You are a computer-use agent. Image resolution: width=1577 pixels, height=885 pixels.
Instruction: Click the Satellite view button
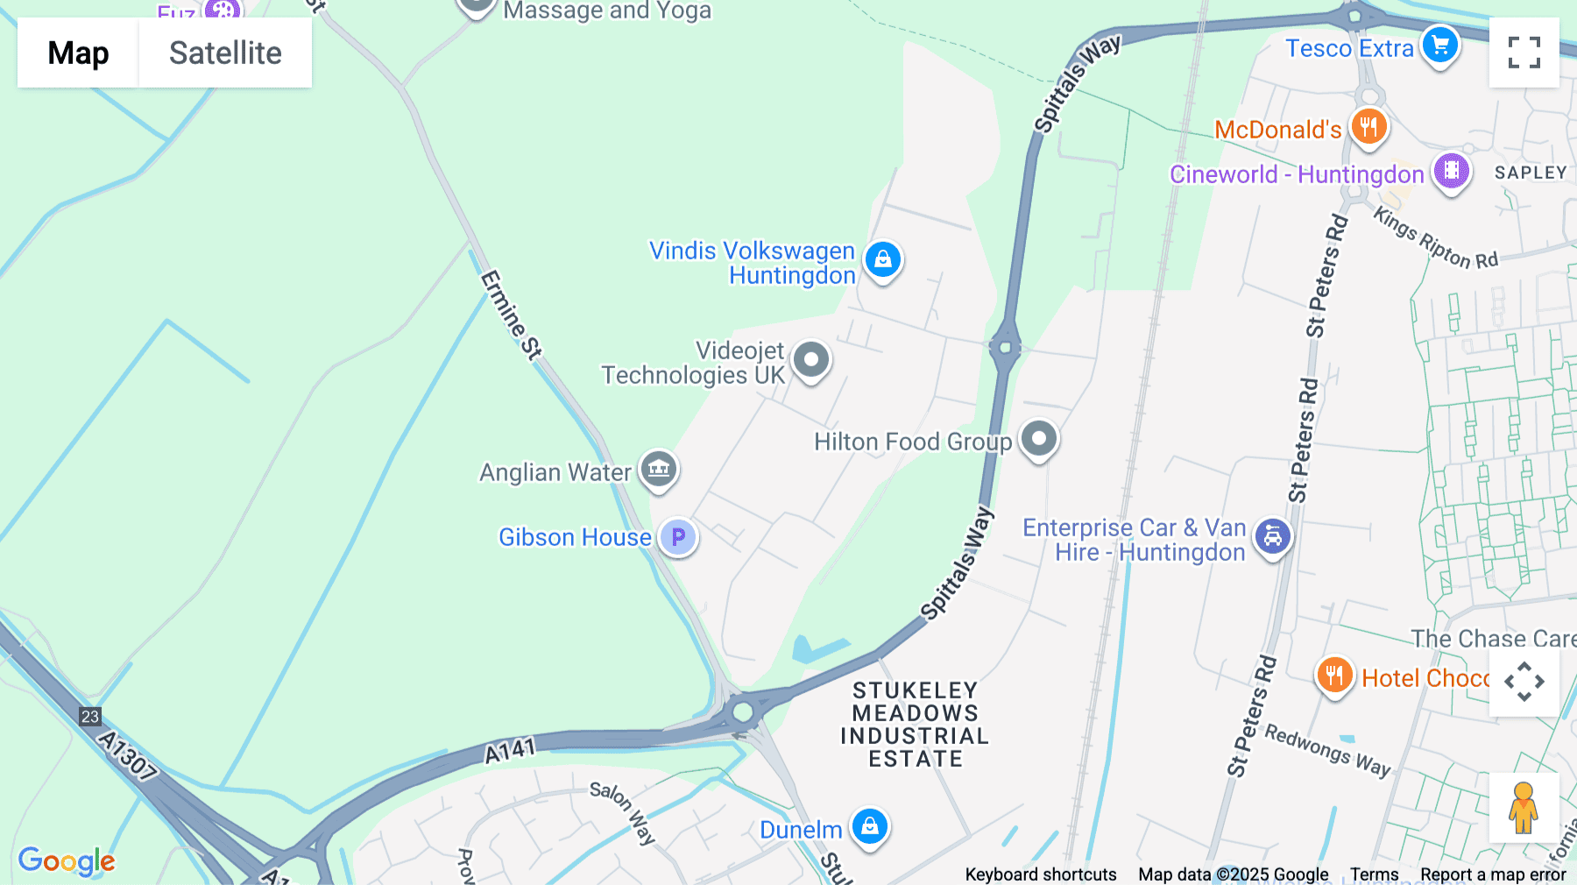[x=225, y=53]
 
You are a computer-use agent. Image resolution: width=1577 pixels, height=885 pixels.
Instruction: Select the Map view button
[x=78, y=53]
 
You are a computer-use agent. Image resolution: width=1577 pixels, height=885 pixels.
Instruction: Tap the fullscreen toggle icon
[x=1524, y=53]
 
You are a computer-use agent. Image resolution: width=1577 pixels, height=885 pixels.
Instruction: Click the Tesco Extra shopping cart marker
[x=1439, y=45]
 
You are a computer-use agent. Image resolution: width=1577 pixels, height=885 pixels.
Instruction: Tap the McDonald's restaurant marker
[x=1368, y=126]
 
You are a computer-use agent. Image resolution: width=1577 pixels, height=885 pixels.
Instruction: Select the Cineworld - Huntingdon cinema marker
[x=1451, y=170]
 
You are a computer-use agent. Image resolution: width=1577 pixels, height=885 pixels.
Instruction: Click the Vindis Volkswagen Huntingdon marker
[x=882, y=259]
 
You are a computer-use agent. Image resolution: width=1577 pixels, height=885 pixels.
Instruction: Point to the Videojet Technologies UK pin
[x=811, y=359]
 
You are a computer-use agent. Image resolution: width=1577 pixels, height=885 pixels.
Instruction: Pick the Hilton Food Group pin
[x=1039, y=438]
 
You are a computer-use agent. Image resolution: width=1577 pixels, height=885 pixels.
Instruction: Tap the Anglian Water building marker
[x=659, y=469]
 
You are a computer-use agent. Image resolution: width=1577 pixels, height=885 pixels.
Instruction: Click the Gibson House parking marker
[x=678, y=536]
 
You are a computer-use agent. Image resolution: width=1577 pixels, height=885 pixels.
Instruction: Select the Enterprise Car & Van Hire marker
[x=1272, y=536]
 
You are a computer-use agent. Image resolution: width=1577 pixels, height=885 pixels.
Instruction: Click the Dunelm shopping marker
[x=869, y=826]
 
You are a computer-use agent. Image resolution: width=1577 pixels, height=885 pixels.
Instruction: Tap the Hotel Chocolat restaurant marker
[x=1333, y=676]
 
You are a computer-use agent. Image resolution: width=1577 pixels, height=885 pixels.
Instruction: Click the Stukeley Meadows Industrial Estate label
[x=915, y=725]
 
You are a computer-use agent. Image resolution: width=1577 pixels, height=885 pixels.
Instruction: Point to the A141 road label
[x=510, y=750]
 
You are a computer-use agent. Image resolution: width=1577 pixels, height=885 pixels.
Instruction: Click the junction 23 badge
[x=90, y=717]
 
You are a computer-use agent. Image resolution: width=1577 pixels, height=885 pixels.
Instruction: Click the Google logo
[x=67, y=860]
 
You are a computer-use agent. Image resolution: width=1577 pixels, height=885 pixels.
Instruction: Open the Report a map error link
[x=1493, y=874]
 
